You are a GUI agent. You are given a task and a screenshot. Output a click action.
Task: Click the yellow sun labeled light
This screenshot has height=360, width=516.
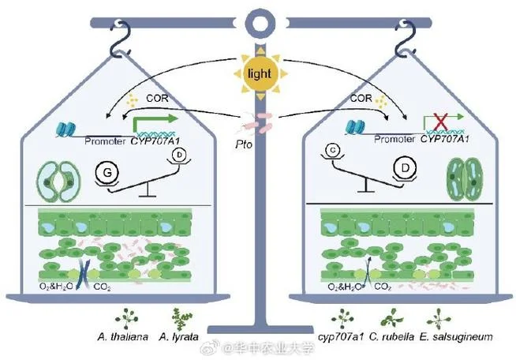pos(260,73)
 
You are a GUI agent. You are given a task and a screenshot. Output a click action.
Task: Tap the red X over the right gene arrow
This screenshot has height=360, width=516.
pos(441,122)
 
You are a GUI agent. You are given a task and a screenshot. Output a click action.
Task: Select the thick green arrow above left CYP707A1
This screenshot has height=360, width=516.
pos(155,123)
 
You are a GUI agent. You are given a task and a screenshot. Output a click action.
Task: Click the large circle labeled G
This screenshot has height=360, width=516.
pos(107,173)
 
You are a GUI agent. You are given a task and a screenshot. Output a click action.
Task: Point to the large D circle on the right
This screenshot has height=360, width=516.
pos(405,168)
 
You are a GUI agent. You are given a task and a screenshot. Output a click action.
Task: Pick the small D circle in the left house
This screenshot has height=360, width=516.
pos(179,155)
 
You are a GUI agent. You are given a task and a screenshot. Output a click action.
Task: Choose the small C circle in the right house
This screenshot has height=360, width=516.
pos(334,150)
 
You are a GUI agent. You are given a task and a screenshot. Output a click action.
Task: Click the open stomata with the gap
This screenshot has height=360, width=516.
pos(59,182)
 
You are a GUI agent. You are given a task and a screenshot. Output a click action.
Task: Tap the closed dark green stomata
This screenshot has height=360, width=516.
pos(464,178)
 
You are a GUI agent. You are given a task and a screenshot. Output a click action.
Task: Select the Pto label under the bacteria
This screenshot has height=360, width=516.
pos(244,144)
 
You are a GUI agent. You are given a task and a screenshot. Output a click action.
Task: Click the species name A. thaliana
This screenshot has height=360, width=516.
pos(122,337)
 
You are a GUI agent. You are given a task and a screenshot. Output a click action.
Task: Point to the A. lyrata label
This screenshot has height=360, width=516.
pos(178,337)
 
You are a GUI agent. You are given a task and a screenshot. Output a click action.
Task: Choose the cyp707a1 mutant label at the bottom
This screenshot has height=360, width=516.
pos(341,337)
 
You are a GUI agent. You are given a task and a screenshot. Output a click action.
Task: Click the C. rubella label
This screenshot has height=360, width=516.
pos(391,337)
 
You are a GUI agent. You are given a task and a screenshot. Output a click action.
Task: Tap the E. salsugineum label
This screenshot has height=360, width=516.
pos(456,337)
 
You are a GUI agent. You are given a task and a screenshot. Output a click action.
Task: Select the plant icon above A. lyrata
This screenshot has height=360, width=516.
pos(181,319)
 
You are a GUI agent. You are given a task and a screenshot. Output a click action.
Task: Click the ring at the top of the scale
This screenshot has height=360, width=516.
pos(261,22)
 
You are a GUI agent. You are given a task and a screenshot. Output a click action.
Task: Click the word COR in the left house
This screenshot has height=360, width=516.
pos(157,98)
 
